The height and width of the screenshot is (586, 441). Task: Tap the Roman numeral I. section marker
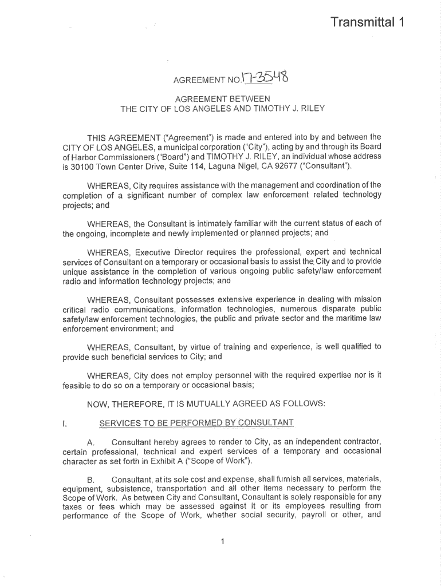coord(65,423)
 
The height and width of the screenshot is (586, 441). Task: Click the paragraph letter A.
coord(90,443)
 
